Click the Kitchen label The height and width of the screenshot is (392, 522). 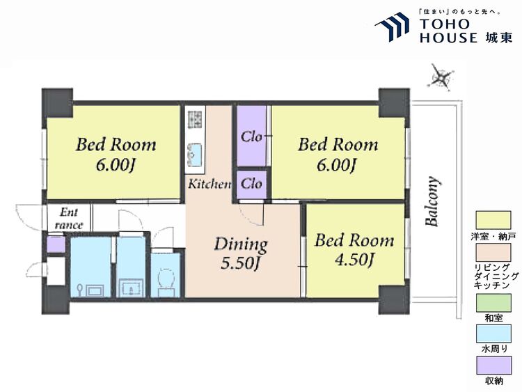pyautogui.click(x=209, y=184)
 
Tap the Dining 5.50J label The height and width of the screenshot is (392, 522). pyautogui.click(x=241, y=253)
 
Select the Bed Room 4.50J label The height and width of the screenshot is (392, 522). pyautogui.click(x=354, y=250)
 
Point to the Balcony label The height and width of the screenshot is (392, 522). pyautogui.click(x=432, y=201)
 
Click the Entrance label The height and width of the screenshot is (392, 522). pyautogui.click(x=69, y=219)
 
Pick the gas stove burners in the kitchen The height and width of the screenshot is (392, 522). pyautogui.click(x=195, y=119)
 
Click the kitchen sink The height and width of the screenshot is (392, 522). pyautogui.click(x=195, y=154)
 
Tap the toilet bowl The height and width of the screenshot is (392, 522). pyautogui.click(x=166, y=277)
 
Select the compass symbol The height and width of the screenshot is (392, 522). pyautogui.click(x=441, y=78)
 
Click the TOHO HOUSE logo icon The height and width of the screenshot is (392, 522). pyautogui.click(x=392, y=26)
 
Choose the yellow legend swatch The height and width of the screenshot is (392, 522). pyautogui.click(x=493, y=220)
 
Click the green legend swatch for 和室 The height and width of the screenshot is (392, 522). pyautogui.click(x=493, y=303)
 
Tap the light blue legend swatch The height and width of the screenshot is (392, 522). pyautogui.click(x=493, y=334)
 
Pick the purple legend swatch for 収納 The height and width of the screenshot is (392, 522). pyautogui.click(x=493, y=366)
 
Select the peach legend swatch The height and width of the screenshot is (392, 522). pyautogui.click(x=493, y=253)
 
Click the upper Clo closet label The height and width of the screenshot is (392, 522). pyautogui.click(x=251, y=136)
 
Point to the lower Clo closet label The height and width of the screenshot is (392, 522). pyautogui.click(x=251, y=183)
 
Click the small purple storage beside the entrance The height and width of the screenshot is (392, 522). pyautogui.click(x=56, y=244)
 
